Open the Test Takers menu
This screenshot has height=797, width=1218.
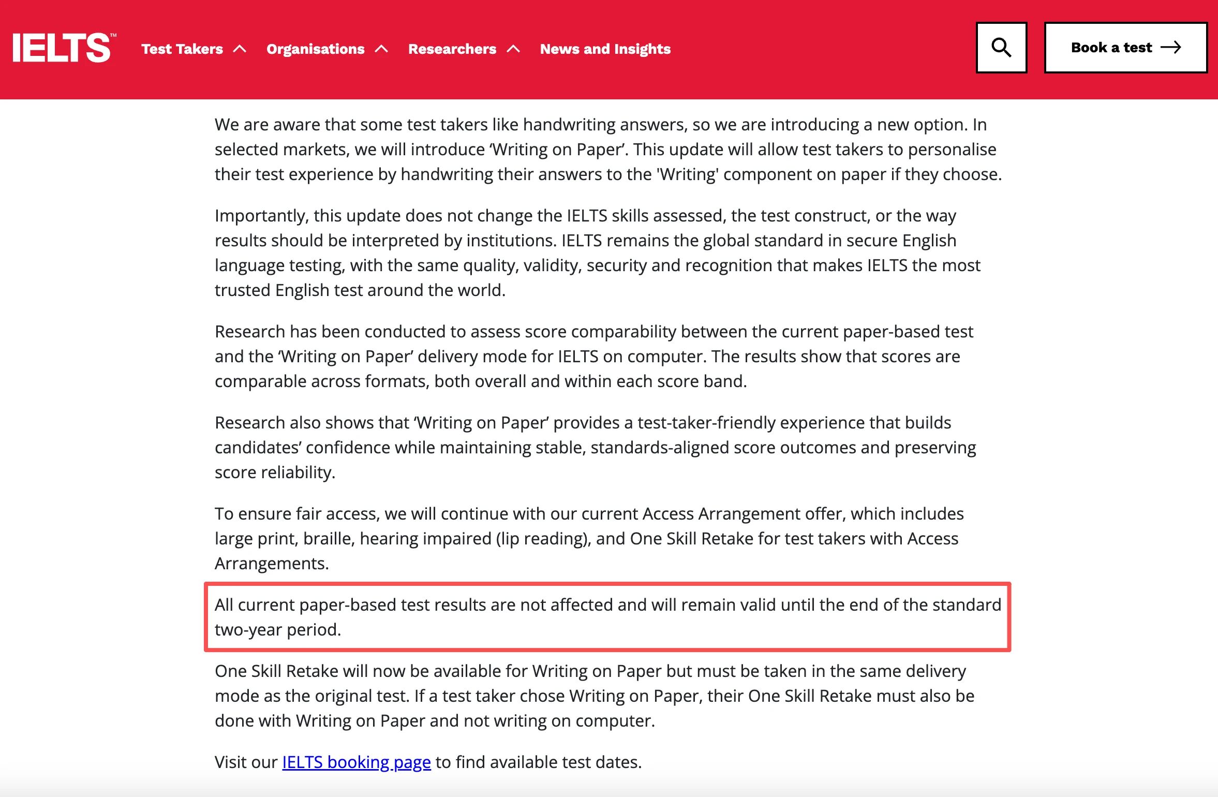click(x=182, y=49)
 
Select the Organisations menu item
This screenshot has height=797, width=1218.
click(x=315, y=49)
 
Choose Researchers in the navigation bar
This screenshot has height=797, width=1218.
click(x=452, y=49)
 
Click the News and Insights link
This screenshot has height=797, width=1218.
click(x=605, y=49)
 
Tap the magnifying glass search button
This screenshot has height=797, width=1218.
click(x=1001, y=48)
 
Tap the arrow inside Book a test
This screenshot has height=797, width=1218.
click(x=1171, y=48)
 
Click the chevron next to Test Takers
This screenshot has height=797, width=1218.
click(x=240, y=49)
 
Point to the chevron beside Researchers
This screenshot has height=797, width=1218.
click(x=513, y=49)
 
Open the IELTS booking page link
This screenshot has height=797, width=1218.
click(x=356, y=762)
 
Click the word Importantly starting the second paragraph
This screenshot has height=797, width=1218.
click(x=262, y=216)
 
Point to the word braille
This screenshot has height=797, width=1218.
click(x=329, y=539)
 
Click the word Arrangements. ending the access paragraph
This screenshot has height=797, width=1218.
click(x=272, y=564)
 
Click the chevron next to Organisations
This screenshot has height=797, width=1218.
click(x=381, y=49)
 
